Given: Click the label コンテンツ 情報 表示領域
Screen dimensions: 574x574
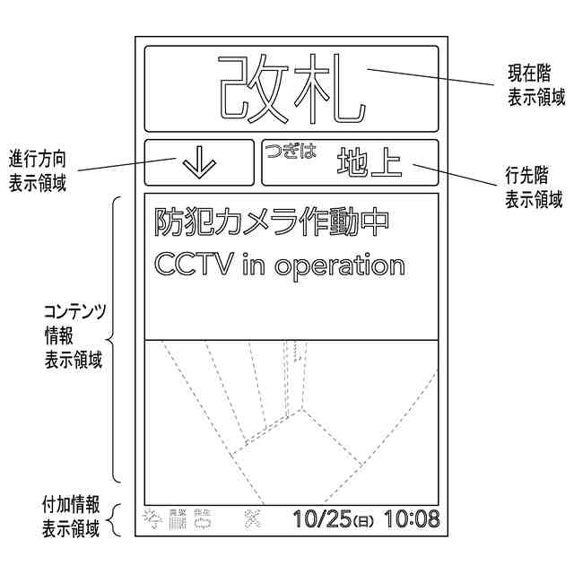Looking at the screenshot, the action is tap(74, 336).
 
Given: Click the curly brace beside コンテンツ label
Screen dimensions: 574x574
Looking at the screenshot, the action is tap(115, 339).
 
